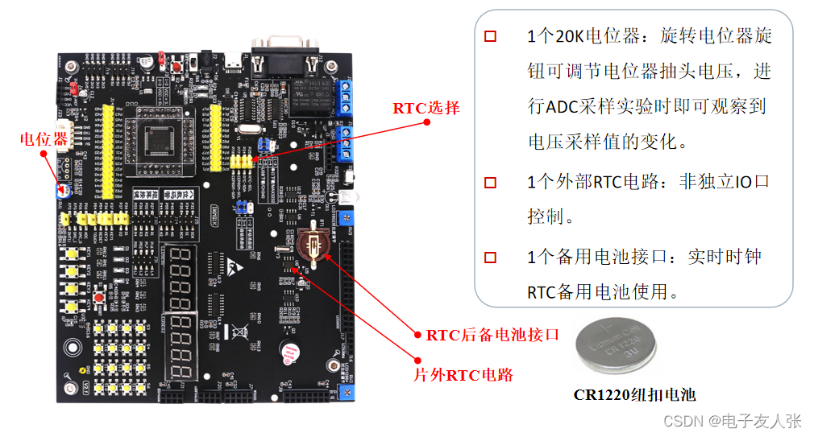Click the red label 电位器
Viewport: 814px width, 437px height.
point(44,139)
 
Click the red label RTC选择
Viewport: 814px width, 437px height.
point(426,108)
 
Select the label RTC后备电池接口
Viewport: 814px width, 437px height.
point(492,335)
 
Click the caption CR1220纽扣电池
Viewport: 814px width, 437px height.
point(634,394)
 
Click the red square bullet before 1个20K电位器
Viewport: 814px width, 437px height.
point(490,36)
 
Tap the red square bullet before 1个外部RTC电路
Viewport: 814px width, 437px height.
point(490,182)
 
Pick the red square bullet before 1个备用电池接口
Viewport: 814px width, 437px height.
point(490,257)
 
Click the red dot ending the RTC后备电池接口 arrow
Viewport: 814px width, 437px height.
point(417,334)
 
